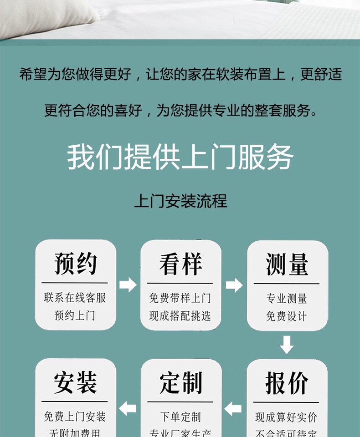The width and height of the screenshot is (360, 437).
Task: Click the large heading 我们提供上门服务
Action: (180, 158)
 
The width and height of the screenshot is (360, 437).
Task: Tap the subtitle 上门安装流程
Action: (180, 201)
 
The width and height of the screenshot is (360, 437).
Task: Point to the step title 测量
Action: (287, 264)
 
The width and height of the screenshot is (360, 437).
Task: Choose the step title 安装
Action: (76, 382)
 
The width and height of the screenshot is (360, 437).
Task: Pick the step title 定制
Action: (181, 382)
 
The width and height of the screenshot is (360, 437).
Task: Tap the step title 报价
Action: (287, 383)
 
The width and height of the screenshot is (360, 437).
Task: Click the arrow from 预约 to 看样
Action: (128, 285)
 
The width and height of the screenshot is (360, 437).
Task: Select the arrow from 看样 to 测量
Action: (234, 285)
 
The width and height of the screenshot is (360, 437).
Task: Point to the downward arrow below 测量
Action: (287, 345)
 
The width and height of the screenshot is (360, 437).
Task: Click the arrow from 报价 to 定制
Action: (233, 408)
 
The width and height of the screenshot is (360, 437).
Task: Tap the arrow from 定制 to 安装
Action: (128, 407)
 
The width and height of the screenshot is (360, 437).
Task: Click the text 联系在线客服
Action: (75, 298)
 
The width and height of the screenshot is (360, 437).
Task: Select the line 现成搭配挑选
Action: (180, 315)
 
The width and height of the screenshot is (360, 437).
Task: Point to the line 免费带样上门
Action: (180, 298)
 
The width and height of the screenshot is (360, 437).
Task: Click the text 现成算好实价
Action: (287, 417)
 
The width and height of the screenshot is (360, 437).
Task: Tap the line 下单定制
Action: (180, 417)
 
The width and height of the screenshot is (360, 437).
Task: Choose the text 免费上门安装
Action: (75, 417)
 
